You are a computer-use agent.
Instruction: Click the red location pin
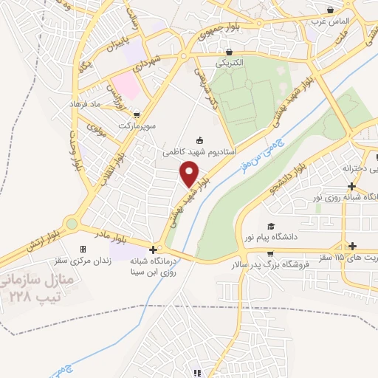coord(190,173)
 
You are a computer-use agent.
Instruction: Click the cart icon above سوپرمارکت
coord(138,114)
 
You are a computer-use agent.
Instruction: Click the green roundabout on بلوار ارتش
coord(71,223)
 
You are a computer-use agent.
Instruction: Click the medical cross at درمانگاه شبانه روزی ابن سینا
coord(153,250)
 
